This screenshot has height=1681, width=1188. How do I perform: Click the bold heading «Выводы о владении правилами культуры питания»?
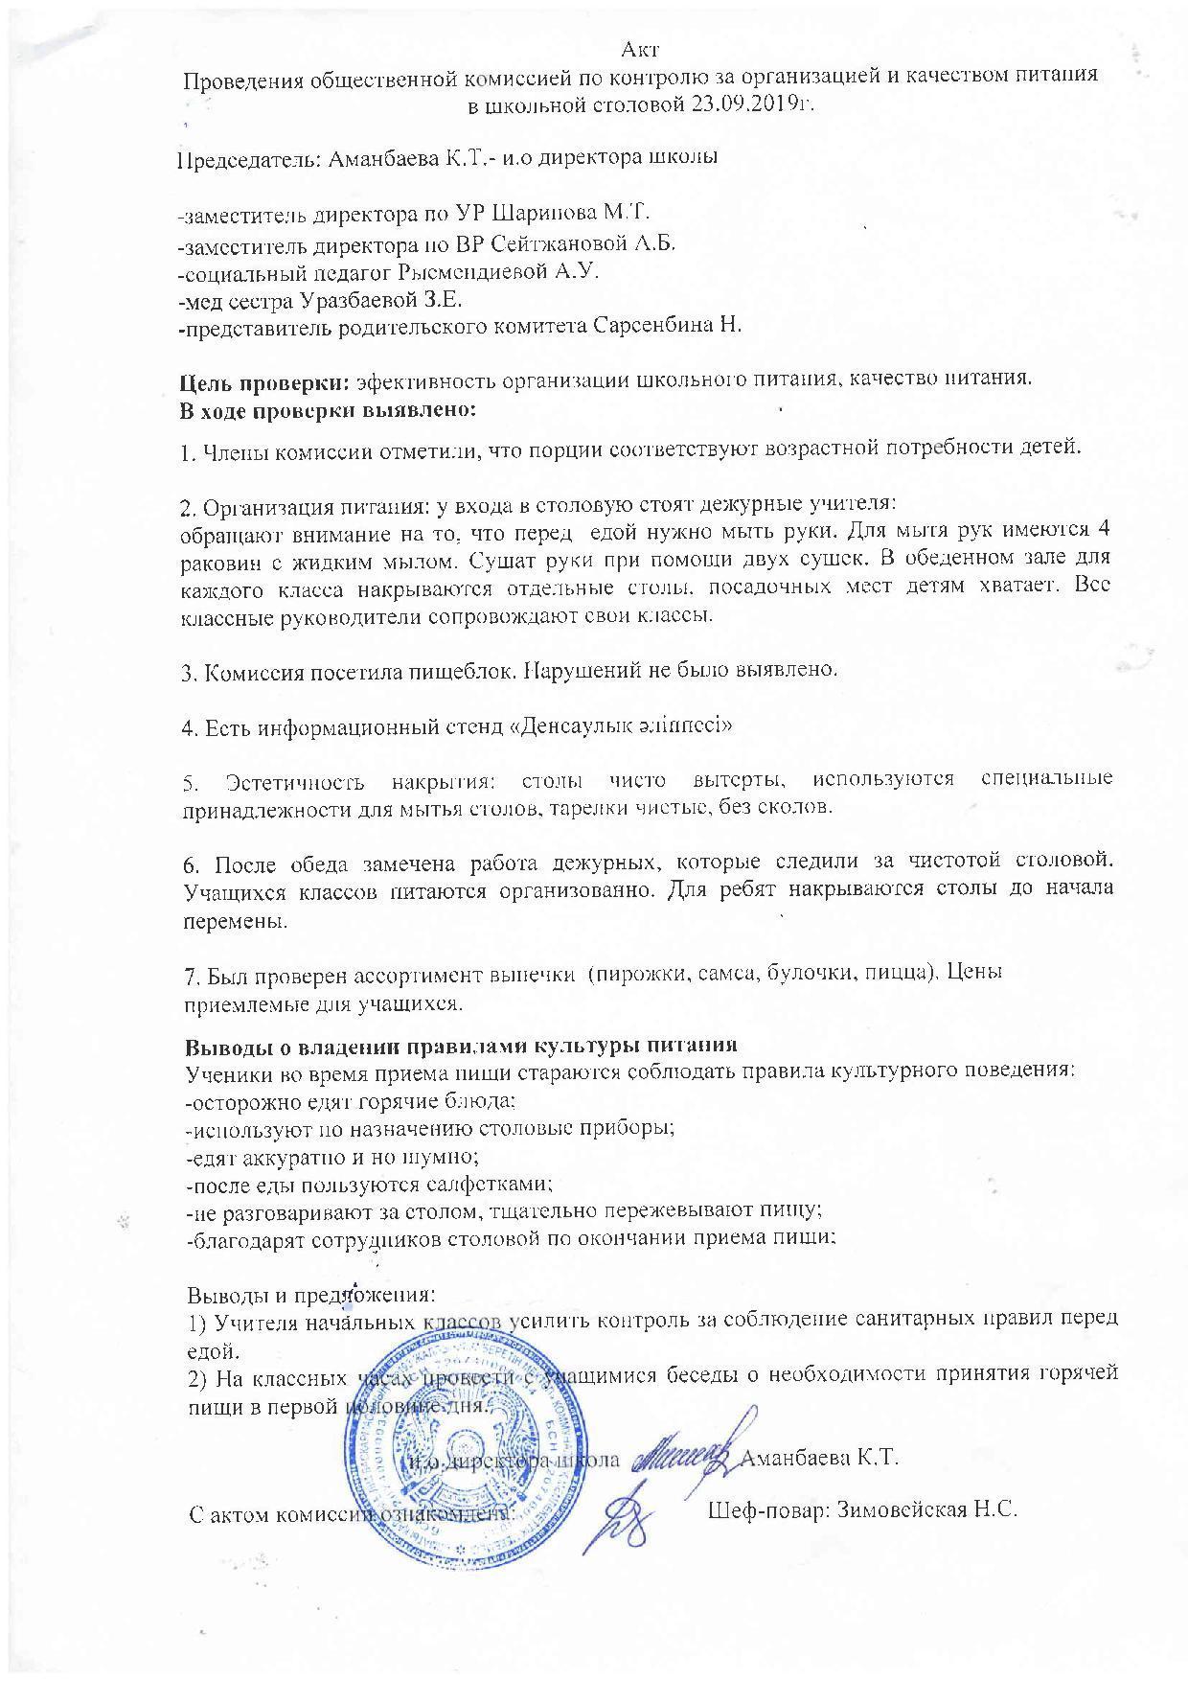click(460, 1046)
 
